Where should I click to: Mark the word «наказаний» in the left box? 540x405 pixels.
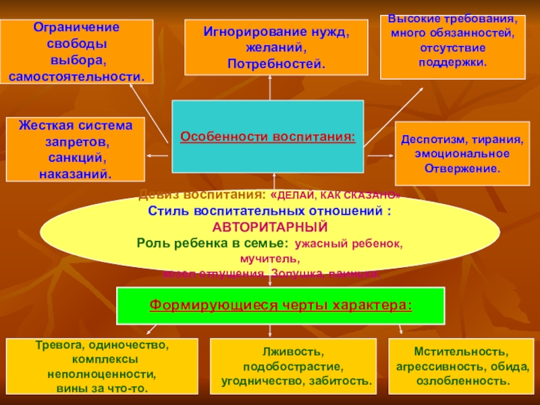[x=74, y=174]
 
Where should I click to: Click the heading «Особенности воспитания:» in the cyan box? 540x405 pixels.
[x=267, y=136]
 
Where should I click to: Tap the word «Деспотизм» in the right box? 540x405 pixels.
[x=430, y=141]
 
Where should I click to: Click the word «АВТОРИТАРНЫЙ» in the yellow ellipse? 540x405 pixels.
[x=269, y=226]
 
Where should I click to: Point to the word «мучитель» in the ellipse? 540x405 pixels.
[x=268, y=259]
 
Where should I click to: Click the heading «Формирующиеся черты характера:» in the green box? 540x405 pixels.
[x=280, y=304]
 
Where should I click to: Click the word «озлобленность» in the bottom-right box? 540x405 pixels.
[x=461, y=381]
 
